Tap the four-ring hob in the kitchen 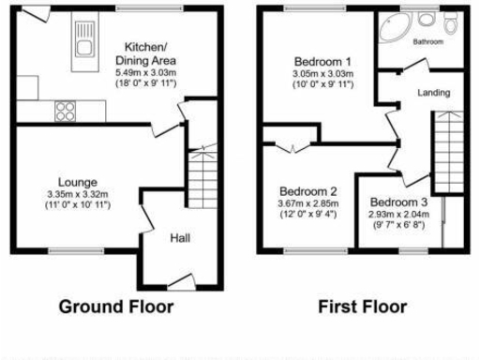tap(66, 111)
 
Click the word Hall tap(180, 239)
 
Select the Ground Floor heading tap(116, 307)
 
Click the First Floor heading tap(362, 307)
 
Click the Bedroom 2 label tap(307, 190)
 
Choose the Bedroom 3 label tap(397, 202)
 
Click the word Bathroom tap(429, 42)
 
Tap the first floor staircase tap(447, 150)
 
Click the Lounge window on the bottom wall tap(64, 250)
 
